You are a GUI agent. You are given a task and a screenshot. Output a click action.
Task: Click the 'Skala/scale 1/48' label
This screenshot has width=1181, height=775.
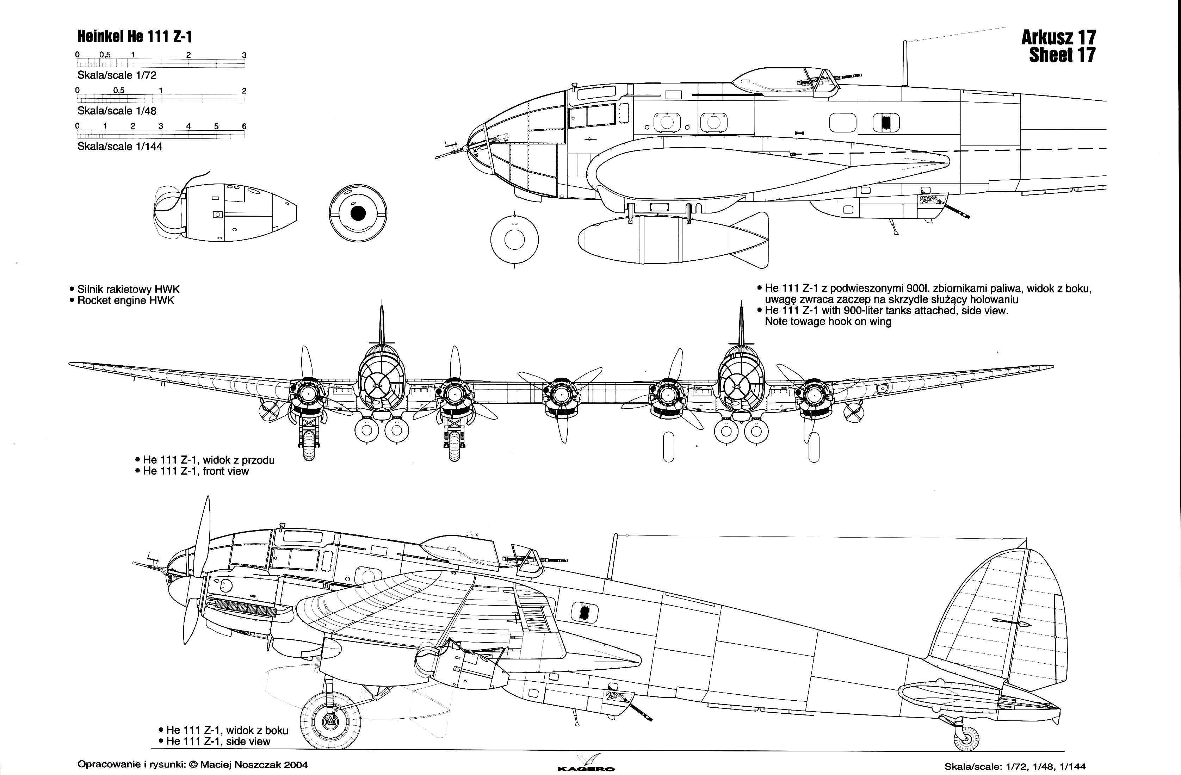pyautogui.click(x=117, y=111)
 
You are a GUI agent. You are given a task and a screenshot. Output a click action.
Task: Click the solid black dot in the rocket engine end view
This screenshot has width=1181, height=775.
pyautogui.click(x=358, y=213)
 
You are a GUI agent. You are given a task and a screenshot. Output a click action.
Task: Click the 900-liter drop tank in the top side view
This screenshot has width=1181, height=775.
pyautogui.click(x=670, y=240)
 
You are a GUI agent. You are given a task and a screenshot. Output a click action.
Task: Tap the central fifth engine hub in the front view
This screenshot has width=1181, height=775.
pyautogui.click(x=561, y=395)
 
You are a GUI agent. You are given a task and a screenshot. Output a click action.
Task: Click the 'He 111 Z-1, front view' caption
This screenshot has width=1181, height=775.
pyautogui.click(x=196, y=471)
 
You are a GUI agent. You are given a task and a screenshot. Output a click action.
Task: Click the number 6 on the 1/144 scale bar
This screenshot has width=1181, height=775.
pyautogui.click(x=244, y=126)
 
